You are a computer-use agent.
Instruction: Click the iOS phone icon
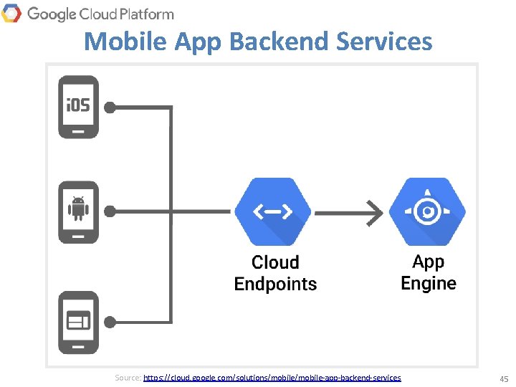coord(78,107)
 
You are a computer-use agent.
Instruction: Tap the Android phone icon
coord(78,211)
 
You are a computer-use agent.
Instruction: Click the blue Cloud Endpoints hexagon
coord(273,211)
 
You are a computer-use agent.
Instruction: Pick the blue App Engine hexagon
coord(428,211)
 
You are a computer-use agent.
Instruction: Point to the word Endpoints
coord(275,284)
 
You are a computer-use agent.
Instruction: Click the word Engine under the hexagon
coord(429,283)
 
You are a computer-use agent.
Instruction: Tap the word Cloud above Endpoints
coord(275,262)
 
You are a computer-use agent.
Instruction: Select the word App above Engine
coord(429,262)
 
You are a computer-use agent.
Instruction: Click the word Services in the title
coord(387,41)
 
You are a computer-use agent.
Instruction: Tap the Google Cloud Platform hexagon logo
coord(11,13)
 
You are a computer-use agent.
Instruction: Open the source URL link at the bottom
coord(272,377)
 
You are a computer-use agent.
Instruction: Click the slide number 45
coord(503,378)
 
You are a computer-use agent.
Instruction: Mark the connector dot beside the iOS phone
coord(110,107)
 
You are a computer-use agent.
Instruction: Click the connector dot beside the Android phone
coord(110,211)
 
